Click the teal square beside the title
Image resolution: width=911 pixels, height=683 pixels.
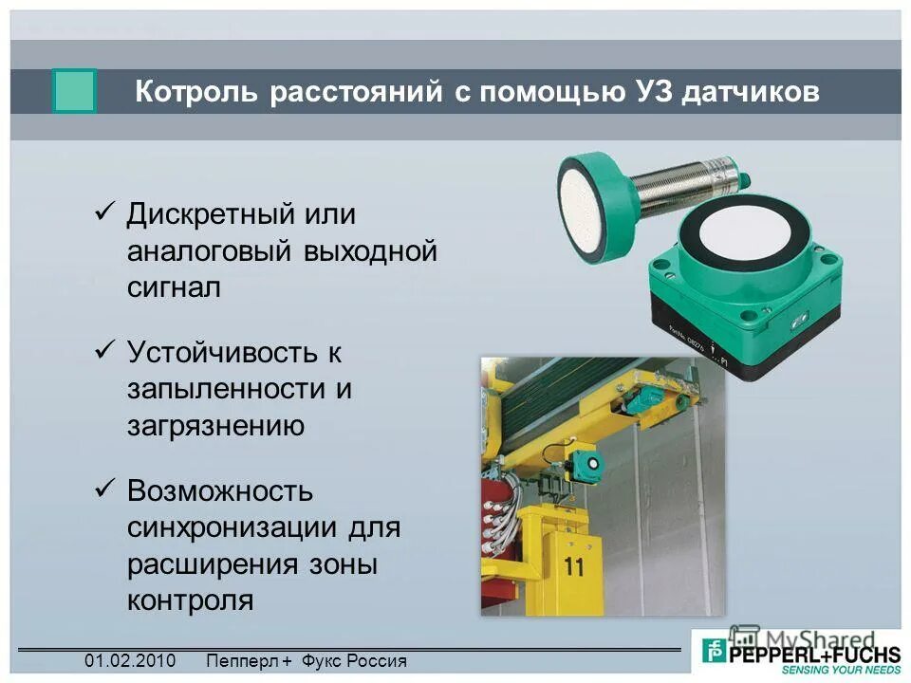point(74,92)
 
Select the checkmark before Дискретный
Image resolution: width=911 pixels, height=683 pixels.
point(105,212)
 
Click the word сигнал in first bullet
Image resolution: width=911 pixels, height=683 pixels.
point(175,287)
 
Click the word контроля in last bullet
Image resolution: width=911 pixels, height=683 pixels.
point(190,600)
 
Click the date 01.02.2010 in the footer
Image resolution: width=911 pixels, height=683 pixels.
point(130,661)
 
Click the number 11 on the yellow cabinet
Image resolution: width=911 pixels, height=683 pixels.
point(573,567)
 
